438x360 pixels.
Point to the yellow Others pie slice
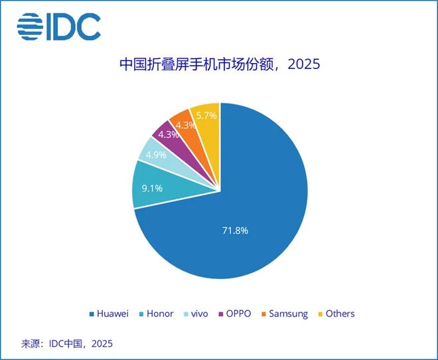click(206, 118)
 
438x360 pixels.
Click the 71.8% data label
click(234, 230)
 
